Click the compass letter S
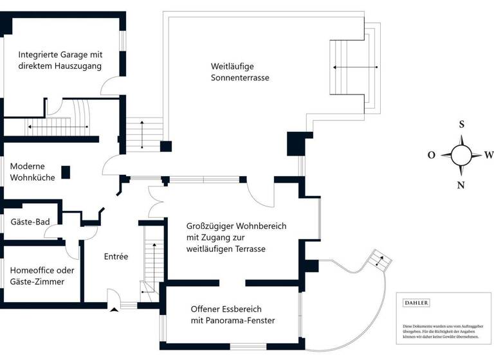(461, 125)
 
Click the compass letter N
(461, 186)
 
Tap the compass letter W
(489, 155)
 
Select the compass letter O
(432, 155)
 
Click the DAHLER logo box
(416, 302)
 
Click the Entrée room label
(116, 256)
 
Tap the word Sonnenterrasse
(240, 78)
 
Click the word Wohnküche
(32, 177)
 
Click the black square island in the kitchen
(66, 172)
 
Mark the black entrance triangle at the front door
(114, 310)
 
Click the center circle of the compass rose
(461, 155)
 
